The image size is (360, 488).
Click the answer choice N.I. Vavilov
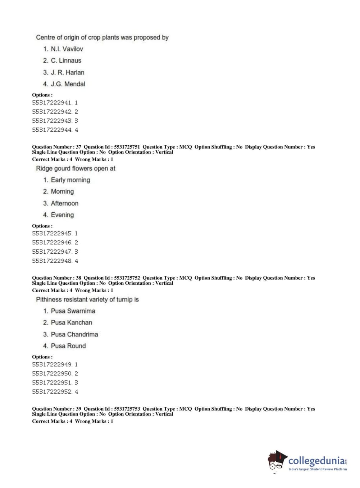[67, 49]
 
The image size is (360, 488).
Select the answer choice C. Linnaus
[66, 60]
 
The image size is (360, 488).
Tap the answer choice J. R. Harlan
[67, 72]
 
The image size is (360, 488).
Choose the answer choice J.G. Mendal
[68, 84]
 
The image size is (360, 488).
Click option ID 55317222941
[52, 103]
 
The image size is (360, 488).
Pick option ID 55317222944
[52, 130]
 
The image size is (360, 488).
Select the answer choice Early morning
[70, 180]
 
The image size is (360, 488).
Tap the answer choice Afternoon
[64, 203]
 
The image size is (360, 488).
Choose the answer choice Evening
[62, 215]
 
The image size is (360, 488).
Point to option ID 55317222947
[52, 252]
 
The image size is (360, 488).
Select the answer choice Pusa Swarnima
[73, 311]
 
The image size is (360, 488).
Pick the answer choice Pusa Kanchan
[71, 322]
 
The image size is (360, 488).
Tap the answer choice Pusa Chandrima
[74, 334]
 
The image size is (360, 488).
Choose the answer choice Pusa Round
[68, 346]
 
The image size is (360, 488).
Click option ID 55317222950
[52, 374]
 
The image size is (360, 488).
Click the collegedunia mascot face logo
[277, 460]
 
